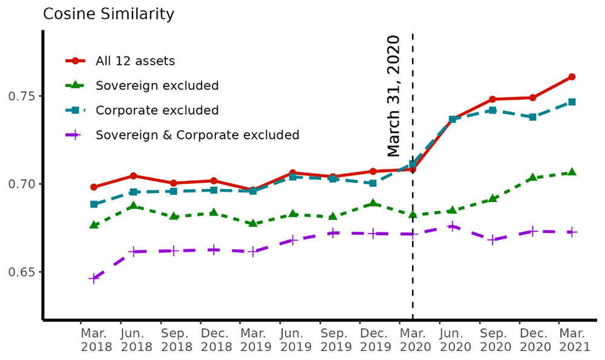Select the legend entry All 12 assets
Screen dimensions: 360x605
[135, 61]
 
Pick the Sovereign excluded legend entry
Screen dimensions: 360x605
[157, 85]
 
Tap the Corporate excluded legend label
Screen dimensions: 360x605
[157, 110]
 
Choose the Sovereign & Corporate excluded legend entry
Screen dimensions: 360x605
[197, 135]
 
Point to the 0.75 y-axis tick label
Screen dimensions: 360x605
[23, 96]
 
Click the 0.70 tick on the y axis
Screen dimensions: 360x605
[23, 184]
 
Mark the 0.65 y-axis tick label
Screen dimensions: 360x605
[23, 272]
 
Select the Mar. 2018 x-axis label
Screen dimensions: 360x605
[94, 340]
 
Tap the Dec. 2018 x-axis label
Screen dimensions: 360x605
[214, 340]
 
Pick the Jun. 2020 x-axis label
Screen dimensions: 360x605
[453, 340]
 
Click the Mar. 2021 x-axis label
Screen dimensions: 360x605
[572, 340]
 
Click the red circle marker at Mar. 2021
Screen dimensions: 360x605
[572, 77]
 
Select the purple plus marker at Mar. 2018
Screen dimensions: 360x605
[94, 278]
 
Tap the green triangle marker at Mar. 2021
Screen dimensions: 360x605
[572, 172]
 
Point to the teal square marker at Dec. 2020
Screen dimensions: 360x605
[532, 117]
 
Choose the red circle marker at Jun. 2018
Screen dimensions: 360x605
[134, 176]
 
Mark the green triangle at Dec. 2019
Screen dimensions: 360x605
[373, 203]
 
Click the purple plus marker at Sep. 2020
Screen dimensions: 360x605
[492, 240]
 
